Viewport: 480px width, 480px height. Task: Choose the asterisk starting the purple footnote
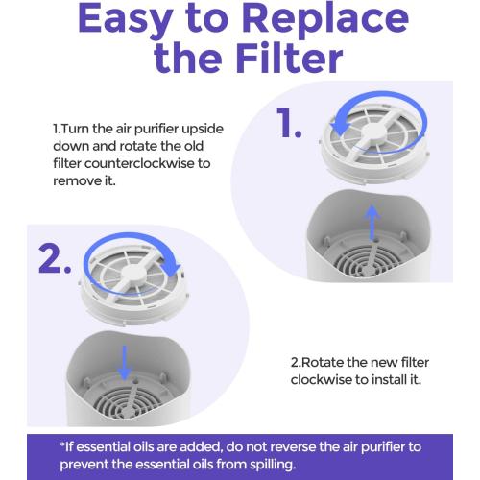pos(62,445)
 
